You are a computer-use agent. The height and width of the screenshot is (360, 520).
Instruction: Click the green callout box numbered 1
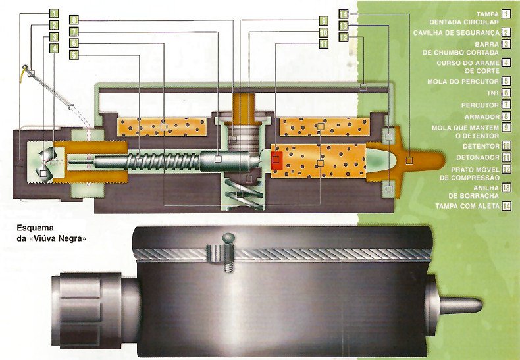53,13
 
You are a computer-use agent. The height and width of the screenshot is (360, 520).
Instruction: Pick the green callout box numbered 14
344,13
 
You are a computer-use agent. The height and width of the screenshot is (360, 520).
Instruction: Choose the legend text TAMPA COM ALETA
467,206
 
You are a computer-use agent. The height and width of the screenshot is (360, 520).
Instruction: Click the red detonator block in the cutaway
276,159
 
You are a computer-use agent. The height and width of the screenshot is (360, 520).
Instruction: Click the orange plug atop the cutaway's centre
244,104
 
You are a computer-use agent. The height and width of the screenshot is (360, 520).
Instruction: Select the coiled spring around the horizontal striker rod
158,160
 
